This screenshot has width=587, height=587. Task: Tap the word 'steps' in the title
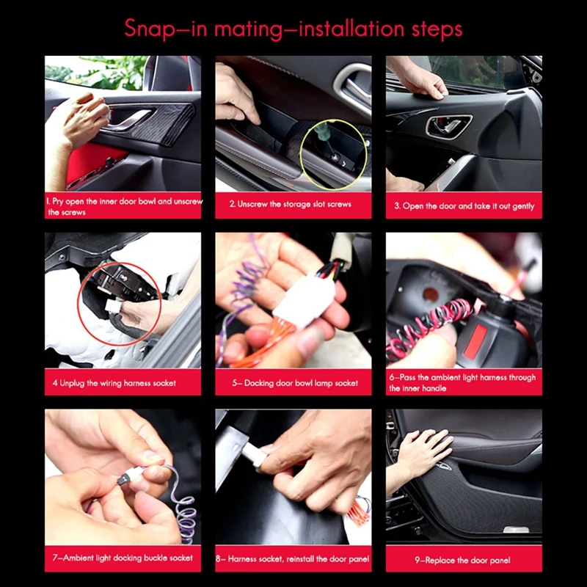[434, 29]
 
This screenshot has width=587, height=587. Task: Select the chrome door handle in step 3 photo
[443, 126]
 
